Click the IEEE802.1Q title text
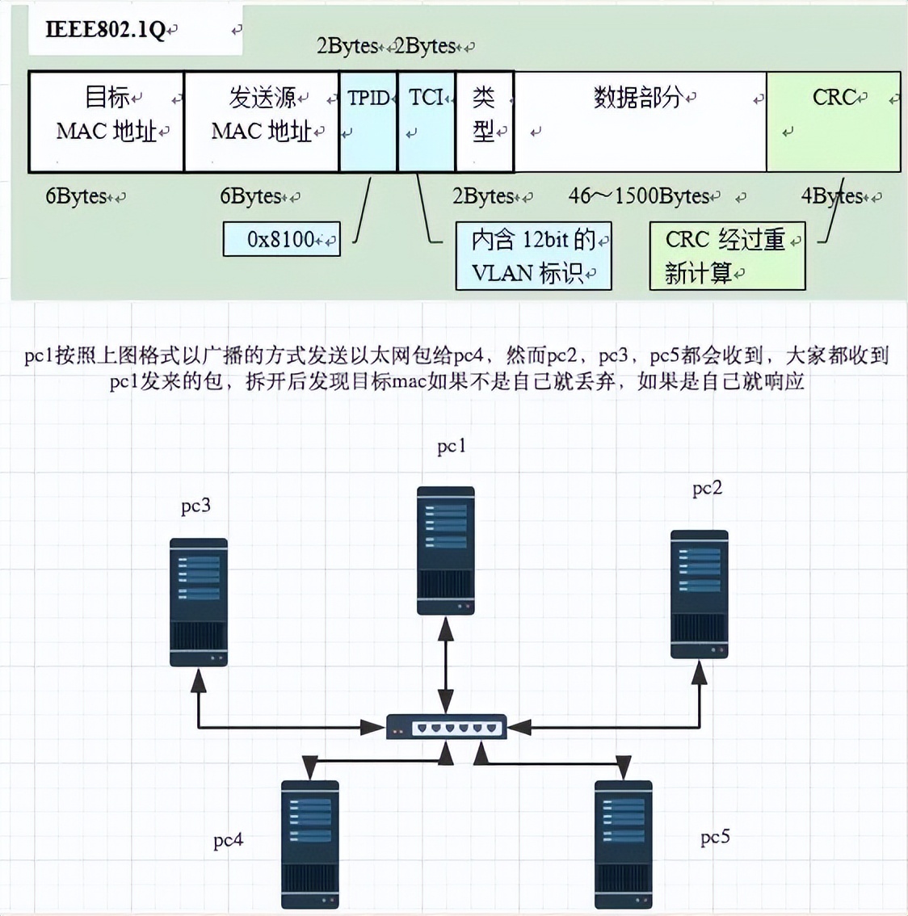pyautogui.click(x=106, y=31)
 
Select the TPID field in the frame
pyautogui.click(x=368, y=121)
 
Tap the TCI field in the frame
pyautogui.click(x=427, y=121)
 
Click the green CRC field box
pyautogui.click(x=833, y=121)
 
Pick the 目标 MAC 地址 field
pyautogui.click(x=107, y=121)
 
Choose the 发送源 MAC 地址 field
pyautogui.click(x=262, y=121)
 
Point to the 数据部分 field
pyautogui.click(x=640, y=121)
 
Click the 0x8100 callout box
pyautogui.click(x=281, y=239)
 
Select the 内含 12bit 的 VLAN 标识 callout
pyautogui.click(x=533, y=256)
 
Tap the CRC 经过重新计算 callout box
pyautogui.click(x=727, y=256)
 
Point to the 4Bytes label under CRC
pyautogui.click(x=832, y=196)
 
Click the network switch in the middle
pyautogui.click(x=446, y=727)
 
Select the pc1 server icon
pyautogui.click(x=445, y=551)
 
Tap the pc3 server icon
pyautogui.click(x=198, y=602)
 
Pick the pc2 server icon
pyautogui.click(x=700, y=594)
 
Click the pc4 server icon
pyautogui.click(x=309, y=844)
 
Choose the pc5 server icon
pyautogui.click(x=623, y=844)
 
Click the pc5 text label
pyautogui.click(x=715, y=837)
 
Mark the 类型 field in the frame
pyautogui.click(x=484, y=121)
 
